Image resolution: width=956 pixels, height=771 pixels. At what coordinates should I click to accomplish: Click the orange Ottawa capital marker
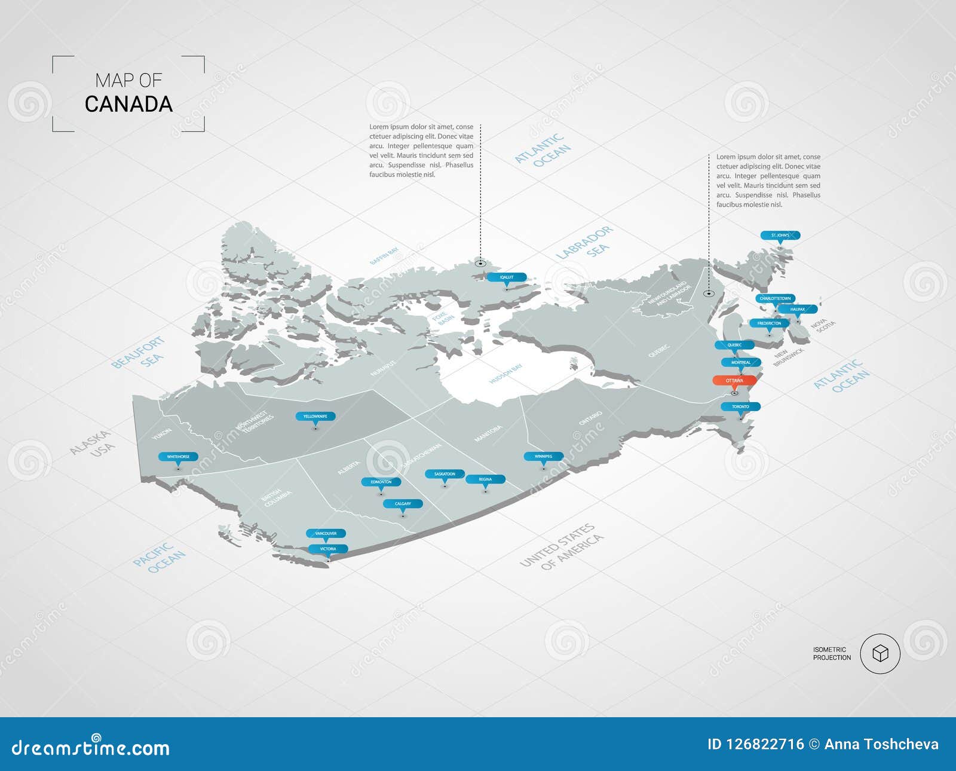[734, 381]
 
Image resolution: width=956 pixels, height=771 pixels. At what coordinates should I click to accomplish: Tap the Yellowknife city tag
[315, 416]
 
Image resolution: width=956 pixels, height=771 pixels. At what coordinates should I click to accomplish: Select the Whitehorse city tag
[178, 457]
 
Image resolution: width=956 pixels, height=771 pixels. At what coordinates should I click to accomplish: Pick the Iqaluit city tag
[507, 277]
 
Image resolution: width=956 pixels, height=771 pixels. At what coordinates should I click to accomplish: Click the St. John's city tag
[780, 235]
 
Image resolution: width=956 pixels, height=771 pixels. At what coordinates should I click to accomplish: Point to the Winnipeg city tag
[543, 456]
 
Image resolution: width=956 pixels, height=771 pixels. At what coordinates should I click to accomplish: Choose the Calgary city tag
[403, 504]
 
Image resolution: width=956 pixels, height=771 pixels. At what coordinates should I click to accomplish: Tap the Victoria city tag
[328, 549]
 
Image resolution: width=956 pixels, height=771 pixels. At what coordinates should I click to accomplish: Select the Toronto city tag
[740, 406]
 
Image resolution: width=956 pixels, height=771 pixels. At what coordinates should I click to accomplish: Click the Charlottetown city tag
[775, 298]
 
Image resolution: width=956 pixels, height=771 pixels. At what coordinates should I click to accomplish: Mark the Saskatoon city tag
[445, 474]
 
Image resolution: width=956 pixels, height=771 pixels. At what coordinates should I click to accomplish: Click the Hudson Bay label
[505, 374]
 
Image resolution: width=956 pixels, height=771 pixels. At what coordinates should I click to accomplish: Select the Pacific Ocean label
[159, 558]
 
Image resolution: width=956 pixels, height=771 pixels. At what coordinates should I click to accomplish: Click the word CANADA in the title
[128, 104]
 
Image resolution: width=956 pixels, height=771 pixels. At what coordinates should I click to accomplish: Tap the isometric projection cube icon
[880, 654]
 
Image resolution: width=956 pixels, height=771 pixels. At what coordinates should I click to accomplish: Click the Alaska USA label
[93, 443]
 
